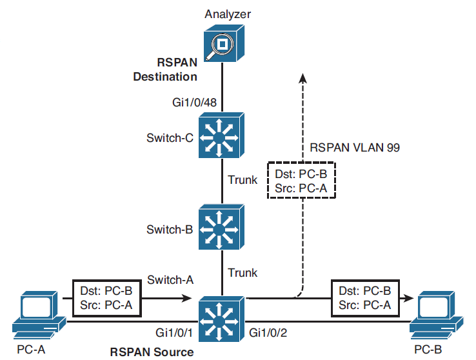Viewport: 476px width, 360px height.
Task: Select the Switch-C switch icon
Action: [x=221, y=135]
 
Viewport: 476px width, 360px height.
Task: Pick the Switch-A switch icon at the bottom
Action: [x=221, y=318]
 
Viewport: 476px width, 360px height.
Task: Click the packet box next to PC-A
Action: [x=106, y=299]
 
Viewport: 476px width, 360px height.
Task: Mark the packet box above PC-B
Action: [x=363, y=299]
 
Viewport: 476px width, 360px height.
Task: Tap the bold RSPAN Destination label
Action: [x=165, y=70]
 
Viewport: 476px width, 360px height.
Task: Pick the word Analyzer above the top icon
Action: [x=222, y=13]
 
